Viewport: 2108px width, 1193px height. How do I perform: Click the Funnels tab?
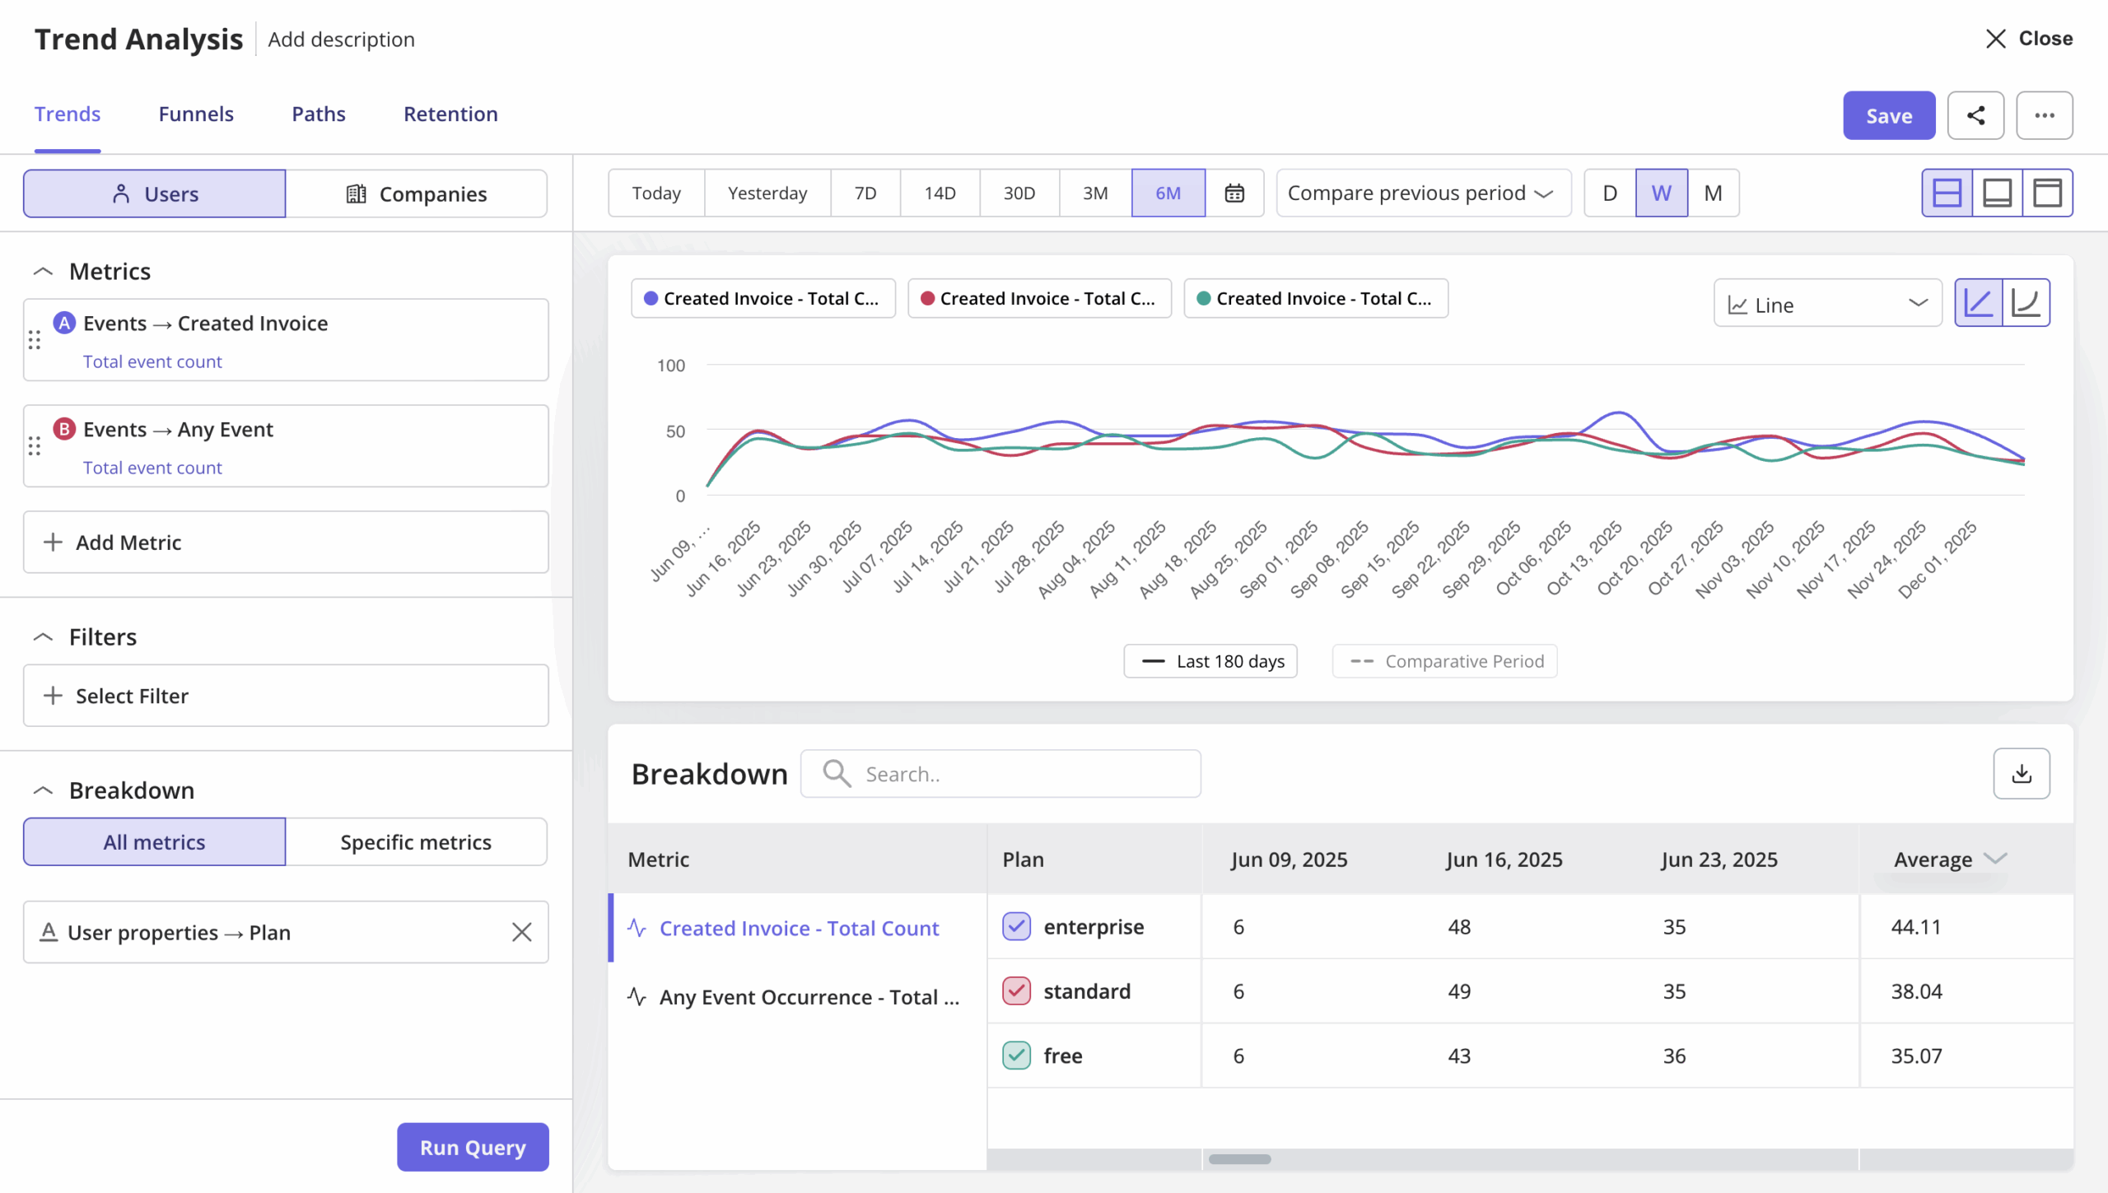[196, 114]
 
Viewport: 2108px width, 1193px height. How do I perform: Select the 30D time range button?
[1019, 193]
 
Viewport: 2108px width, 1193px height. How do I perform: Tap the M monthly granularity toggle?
[1713, 193]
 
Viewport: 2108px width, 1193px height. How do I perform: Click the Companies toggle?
[417, 194]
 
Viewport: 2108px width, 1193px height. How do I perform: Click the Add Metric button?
[285, 542]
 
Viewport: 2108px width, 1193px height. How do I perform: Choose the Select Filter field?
[285, 696]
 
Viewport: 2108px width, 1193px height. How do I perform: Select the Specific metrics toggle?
[416, 841]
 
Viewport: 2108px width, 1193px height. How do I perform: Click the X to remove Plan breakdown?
[521, 932]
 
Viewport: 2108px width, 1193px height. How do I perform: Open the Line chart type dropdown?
[1826, 305]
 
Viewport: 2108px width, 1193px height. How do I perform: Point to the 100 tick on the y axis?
[670, 366]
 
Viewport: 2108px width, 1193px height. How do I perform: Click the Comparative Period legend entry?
[1445, 661]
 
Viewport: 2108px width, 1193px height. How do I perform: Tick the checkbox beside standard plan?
[1016, 990]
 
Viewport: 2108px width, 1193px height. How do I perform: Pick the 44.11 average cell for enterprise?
[1915, 926]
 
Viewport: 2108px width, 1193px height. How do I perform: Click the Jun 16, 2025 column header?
[1504, 860]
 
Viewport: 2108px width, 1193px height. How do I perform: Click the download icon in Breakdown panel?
[2021, 773]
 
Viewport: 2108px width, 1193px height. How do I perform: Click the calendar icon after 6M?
[1234, 193]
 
